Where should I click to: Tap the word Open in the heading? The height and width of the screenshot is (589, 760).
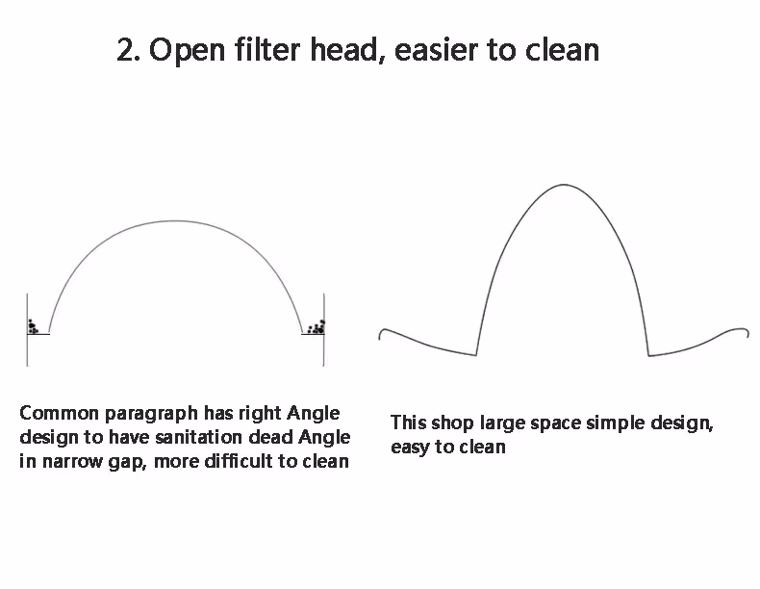point(187,51)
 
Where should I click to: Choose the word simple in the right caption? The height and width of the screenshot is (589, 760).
point(615,423)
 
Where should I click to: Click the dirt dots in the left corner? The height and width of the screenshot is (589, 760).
point(33,326)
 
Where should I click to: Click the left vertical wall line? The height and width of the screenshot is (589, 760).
point(27,330)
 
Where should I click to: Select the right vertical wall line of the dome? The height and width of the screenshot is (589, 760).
point(324,330)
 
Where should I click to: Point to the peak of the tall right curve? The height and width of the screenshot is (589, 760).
point(563,185)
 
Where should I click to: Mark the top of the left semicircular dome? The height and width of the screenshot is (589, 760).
point(175,221)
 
